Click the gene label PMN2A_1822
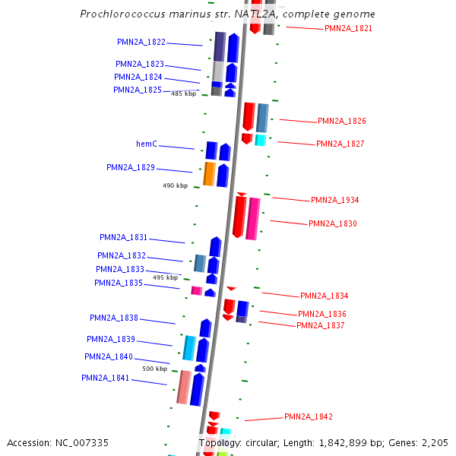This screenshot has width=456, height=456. click(141, 42)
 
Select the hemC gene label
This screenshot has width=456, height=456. click(147, 144)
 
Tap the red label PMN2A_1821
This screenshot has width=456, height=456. click(348, 28)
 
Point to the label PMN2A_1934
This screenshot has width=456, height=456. click(334, 200)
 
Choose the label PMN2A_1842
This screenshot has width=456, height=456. click(309, 416)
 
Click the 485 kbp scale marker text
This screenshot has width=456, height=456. click(183, 93)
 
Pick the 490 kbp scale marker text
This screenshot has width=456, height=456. click(175, 185)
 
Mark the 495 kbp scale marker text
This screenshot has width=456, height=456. click(165, 277)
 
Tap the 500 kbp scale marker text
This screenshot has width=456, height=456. click(154, 369)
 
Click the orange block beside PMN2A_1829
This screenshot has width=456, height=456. click(209, 174)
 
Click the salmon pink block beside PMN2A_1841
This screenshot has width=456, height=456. click(183, 387)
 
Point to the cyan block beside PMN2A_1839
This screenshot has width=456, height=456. click(189, 347)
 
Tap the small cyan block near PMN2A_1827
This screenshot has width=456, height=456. click(261, 140)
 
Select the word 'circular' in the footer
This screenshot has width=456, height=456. click(268, 442)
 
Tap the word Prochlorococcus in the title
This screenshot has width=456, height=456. click(122, 14)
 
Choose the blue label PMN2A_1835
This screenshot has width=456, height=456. click(119, 283)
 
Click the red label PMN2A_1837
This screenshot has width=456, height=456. click(321, 325)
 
